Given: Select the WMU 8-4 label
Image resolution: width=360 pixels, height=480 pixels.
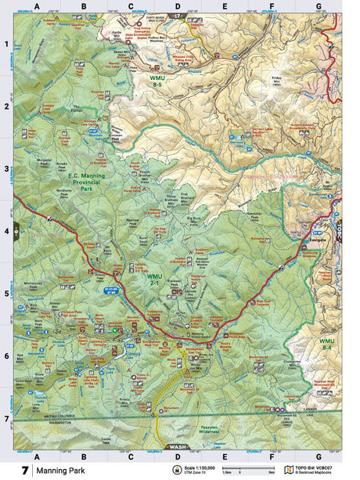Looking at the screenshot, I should pos(326,345).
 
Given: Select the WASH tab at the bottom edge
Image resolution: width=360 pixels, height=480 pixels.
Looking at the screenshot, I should pos(178,448).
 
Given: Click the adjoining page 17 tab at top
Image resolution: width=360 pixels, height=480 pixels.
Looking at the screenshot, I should pos(178,16).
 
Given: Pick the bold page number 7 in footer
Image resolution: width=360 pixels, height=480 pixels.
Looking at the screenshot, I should pos(25,470).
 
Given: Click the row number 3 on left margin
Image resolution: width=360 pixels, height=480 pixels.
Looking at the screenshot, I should pos(7,168).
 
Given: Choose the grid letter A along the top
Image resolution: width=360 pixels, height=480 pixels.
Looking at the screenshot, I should pos(37,6).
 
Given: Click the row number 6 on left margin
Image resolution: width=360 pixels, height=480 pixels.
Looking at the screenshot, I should pos(7,356).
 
